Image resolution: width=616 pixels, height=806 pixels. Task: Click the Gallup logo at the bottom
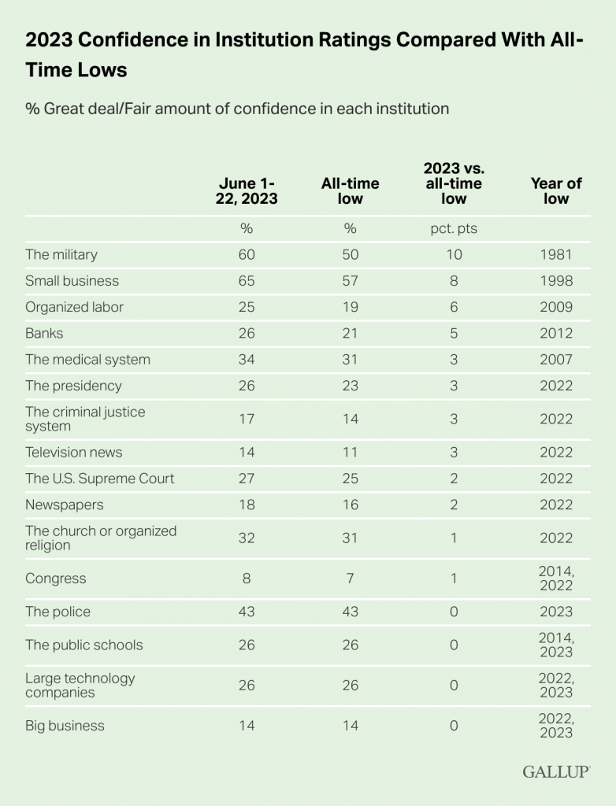(556, 771)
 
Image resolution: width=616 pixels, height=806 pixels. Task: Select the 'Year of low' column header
(555, 190)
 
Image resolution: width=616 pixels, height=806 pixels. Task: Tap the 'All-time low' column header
(350, 190)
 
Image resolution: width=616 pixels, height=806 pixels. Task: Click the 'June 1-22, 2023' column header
(247, 190)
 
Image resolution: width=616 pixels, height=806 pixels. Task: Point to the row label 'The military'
(61, 254)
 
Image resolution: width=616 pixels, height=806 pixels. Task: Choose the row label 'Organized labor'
(74, 307)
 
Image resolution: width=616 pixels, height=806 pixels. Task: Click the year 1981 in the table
(555, 254)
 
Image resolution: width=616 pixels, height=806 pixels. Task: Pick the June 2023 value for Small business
(247, 281)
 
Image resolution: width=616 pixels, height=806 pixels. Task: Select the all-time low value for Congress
(350, 579)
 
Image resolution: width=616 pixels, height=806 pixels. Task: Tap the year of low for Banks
(555, 333)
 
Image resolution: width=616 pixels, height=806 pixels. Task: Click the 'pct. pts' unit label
(453, 229)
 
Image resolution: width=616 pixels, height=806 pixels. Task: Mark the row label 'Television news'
(74, 453)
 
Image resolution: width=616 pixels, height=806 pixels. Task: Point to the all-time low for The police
(350, 612)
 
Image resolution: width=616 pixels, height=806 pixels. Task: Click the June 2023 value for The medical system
(247, 360)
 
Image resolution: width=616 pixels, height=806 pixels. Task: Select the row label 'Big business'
(65, 725)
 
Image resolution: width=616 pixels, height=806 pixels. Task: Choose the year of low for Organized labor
(555, 307)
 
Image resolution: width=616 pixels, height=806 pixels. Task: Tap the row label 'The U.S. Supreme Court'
(100, 479)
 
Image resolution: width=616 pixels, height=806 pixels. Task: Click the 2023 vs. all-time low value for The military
(453, 254)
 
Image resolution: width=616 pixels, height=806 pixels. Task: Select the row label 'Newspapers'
(65, 505)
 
